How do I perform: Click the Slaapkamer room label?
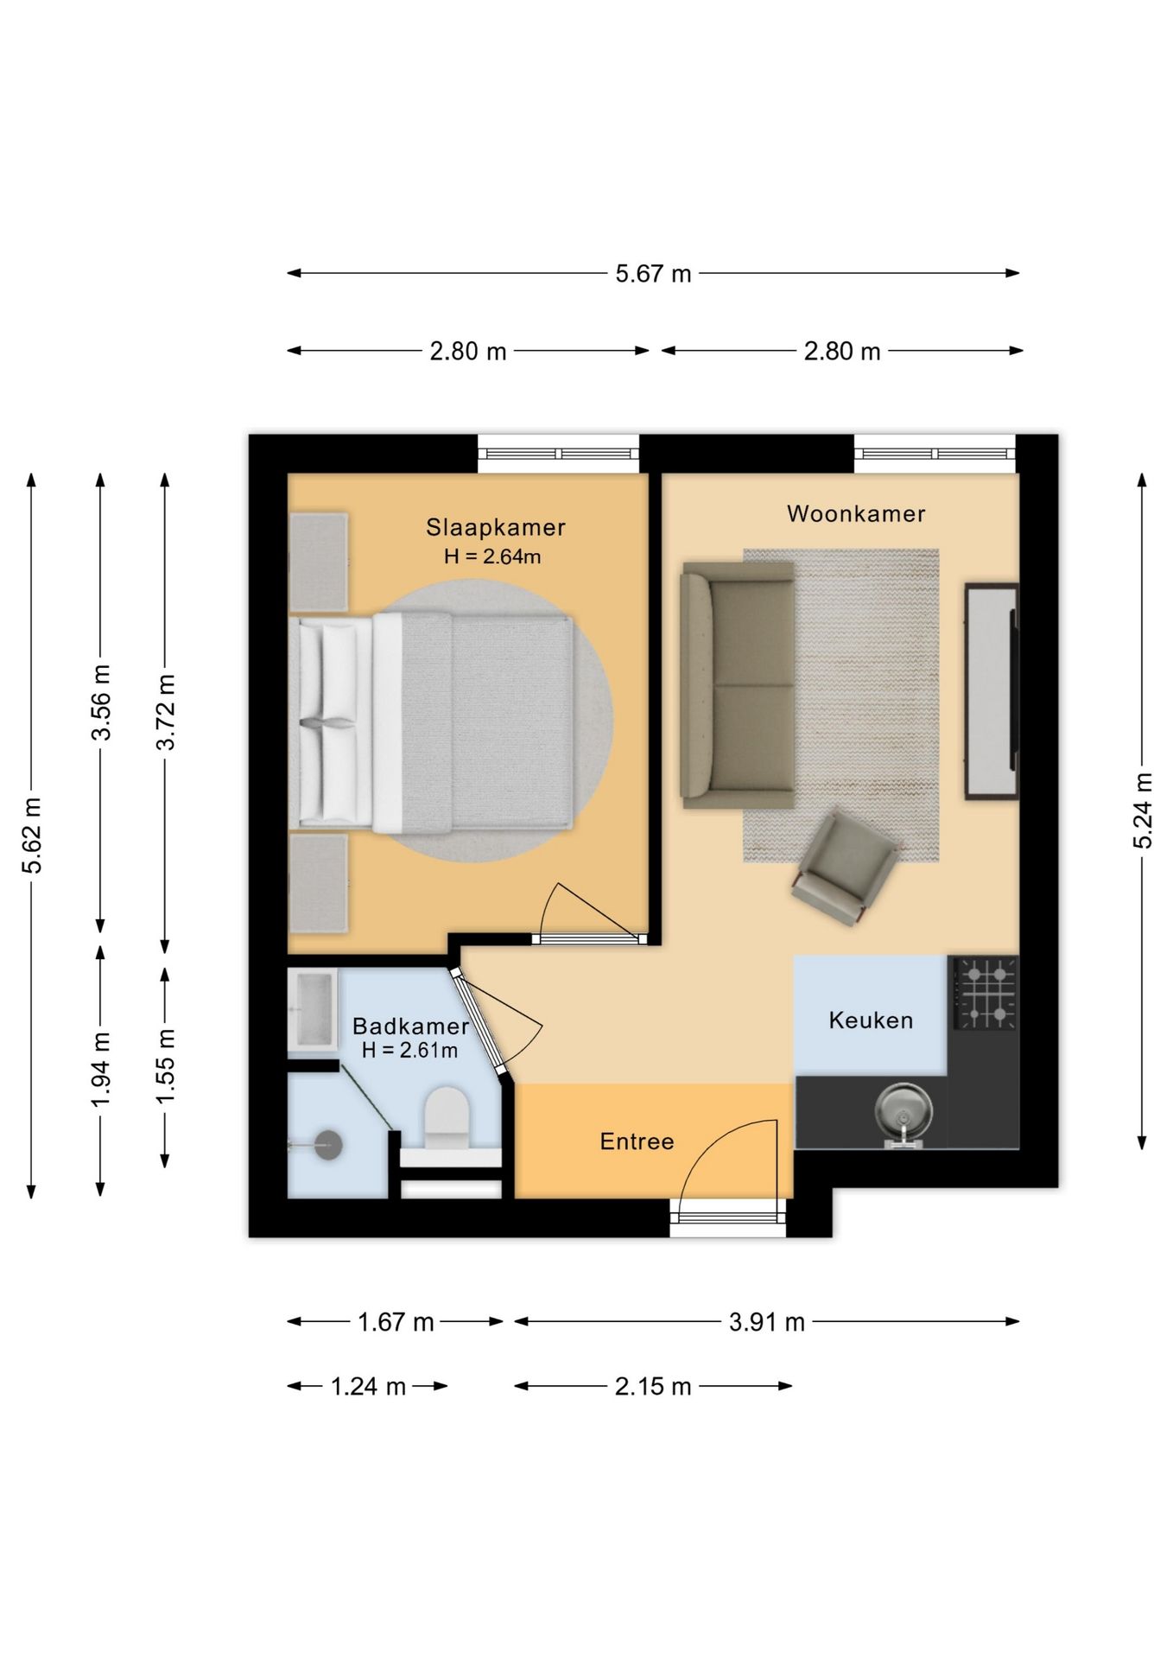coord(495,527)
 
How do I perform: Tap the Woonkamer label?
coord(856,514)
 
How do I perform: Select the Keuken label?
coord(871,1020)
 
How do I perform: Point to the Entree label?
coord(637,1141)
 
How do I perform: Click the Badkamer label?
coord(410,1026)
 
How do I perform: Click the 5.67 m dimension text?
coord(653,274)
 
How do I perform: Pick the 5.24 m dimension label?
coord(1143,810)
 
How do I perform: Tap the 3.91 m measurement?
coord(766,1322)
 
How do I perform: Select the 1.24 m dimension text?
coord(368,1387)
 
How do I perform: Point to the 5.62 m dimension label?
coord(32,836)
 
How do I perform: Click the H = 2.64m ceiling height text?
coord(492,556)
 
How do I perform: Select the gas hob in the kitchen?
coord(985,993)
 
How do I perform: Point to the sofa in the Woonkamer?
coord(738,685)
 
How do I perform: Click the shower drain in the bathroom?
coord(328,1146)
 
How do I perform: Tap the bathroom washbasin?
coord(313,1010)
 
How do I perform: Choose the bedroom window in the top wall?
coord(558,454)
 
